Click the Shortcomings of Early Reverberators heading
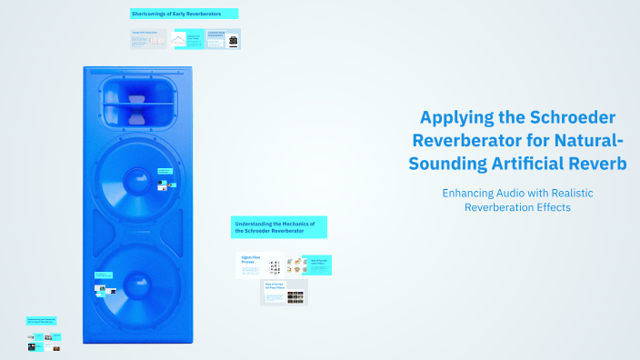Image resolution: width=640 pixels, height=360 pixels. [185, 15]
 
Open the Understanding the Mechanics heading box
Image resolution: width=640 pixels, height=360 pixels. [279, 227]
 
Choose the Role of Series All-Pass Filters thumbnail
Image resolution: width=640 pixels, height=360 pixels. [284, 292]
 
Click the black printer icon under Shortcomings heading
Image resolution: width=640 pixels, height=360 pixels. [234, 42]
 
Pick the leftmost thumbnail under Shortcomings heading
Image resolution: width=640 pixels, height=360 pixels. [149, 39]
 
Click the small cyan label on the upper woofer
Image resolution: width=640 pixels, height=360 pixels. [165, 170]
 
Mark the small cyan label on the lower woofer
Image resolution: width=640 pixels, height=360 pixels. [103, 275]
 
